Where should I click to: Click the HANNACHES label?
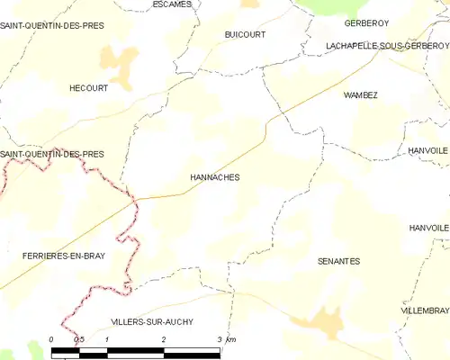pyautogui.click(x=214, y=177)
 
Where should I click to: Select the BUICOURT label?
pyautogui.click(x=244, y=33)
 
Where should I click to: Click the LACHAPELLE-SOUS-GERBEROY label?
pyautogui.click(x=375, y=44)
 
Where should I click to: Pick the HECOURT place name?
pyautogui.click(x=88, y=88)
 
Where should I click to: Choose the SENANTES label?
pyautogui.click(x=338, y=261)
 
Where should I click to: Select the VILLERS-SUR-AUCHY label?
pyautogui.click(x=151, y=321)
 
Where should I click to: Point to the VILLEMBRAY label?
pyautogui.click(x=425, y=310)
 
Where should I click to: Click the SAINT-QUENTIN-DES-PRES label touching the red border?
pyautogui.click(x=51, y=154)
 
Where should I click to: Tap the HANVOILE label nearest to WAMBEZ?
pyautogui.click(x=427, y=149)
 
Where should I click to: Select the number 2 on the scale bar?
pyautogui.click(x=163, y=339)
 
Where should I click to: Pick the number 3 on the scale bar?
pyautogui.click(x=219, y=339)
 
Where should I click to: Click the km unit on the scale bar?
pyautogui.click(x=231, y=339)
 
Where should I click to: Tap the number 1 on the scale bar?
pyautogui.click(x=107, y=339)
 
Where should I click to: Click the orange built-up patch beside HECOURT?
pyautogui.click(x=120, y=63)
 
